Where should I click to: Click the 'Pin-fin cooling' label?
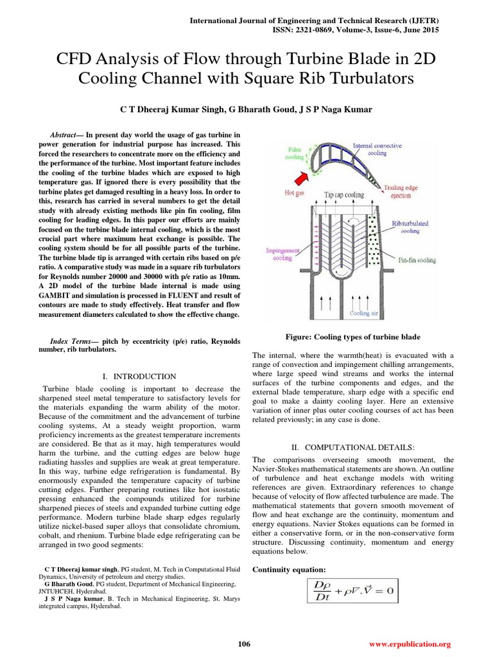pos(417,260)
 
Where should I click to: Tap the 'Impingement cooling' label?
pos(282,255)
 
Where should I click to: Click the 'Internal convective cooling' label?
pos(379,149)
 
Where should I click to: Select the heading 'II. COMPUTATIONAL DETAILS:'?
pos(353,446)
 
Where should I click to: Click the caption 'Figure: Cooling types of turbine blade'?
pos(352,337)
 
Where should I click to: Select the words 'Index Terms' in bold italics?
pos(71,341)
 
